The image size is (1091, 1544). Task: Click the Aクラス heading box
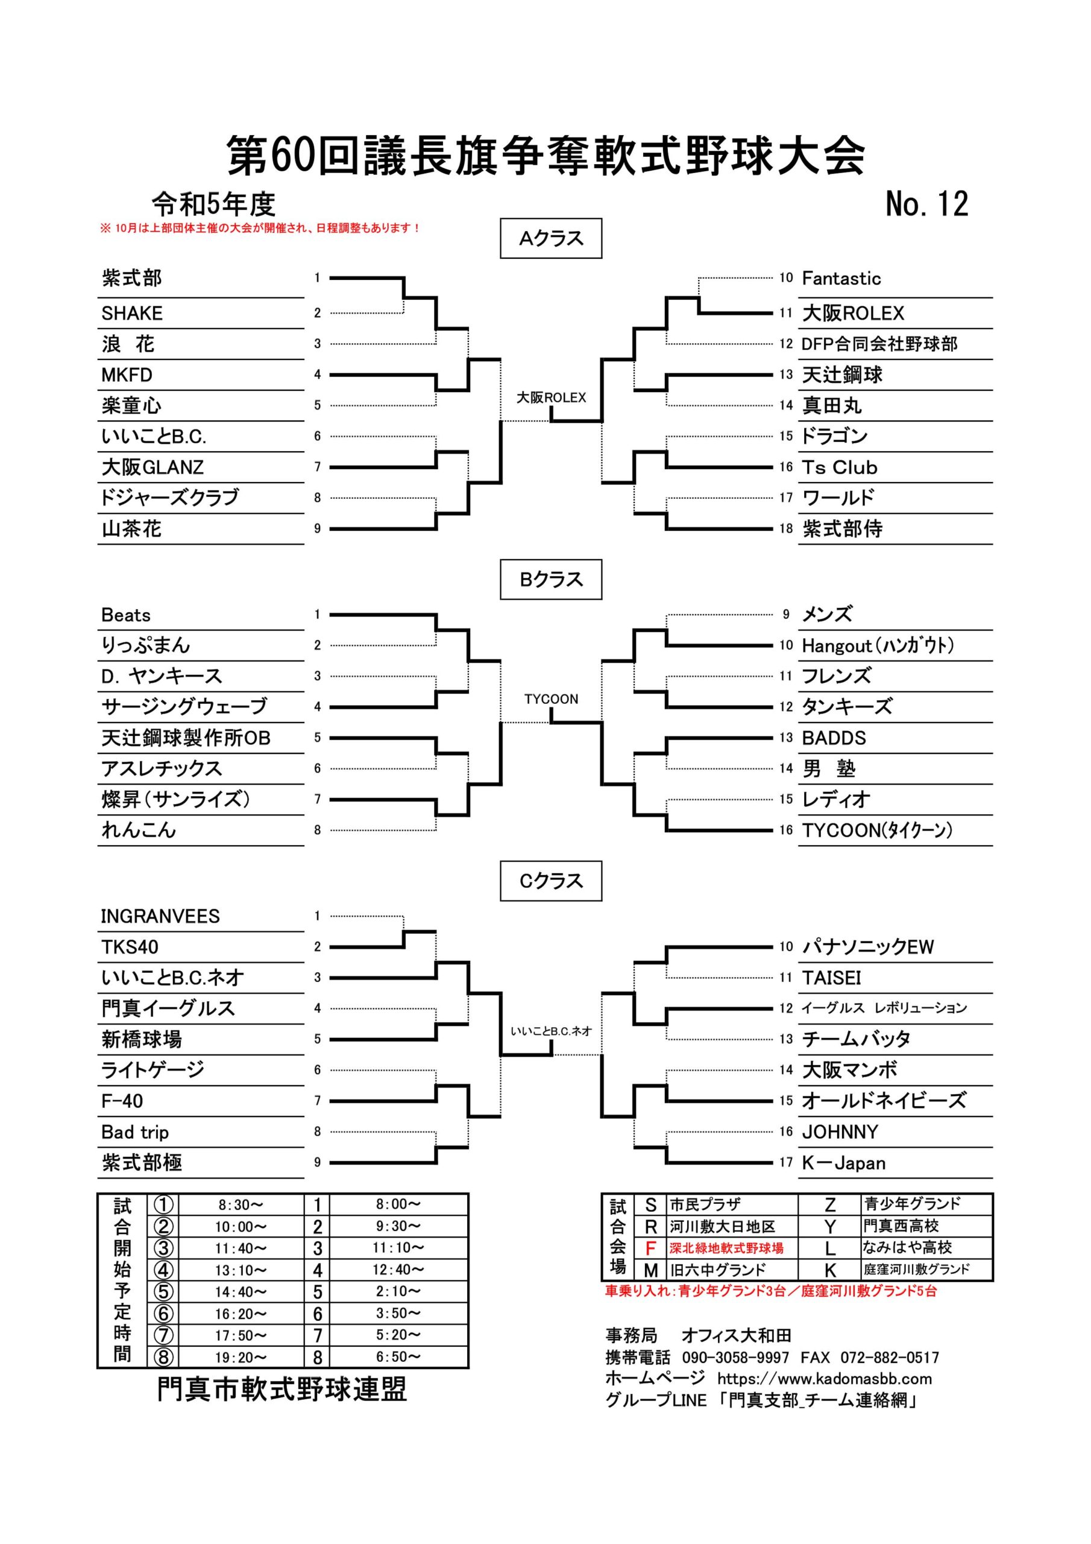coord(550,239)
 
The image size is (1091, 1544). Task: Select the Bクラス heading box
coord(550,580)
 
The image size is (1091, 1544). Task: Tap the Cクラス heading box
coord(550,881)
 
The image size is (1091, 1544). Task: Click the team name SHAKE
coord(132,314)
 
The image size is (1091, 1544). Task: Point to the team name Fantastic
coord(841,279)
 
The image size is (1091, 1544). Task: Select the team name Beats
coord(126,615)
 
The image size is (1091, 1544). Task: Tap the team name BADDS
coord(834,738)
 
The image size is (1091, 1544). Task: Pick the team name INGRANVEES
coord(160,917)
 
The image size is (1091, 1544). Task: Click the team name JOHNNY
coord(840,1133)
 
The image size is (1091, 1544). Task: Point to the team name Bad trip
coord(134,1133)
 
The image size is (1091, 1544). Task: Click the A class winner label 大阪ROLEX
coord(551,397)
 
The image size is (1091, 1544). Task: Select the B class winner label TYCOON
coord(551,700)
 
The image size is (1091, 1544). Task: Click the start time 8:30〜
coord(241,1205)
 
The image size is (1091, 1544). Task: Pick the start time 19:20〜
coord(241,1358)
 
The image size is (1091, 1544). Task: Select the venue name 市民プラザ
coord(705,1205)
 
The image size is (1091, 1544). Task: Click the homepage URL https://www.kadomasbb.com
coord(824,1379)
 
